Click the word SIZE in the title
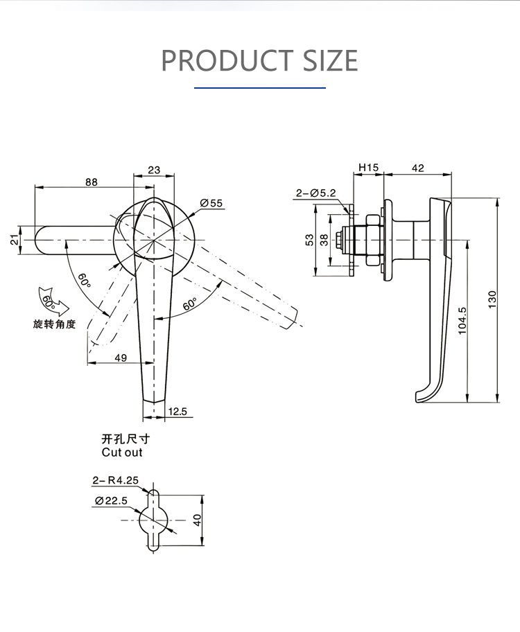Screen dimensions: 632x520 click(330, 61)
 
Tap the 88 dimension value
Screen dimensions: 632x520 click(91, 182)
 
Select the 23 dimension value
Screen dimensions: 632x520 click(154, 170)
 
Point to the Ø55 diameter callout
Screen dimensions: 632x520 click(211, 203)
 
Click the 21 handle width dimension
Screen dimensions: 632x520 click(13, 240)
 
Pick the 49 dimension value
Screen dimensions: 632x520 click(120, 357)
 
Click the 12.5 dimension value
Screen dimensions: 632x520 click(178, 412)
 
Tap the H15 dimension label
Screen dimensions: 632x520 click(367, 168)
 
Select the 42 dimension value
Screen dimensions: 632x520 click(417, 168)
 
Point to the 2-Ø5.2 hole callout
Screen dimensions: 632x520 click(315, 193)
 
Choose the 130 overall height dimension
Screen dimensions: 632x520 click(493, 299)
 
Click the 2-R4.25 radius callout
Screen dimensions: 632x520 click(115, 480)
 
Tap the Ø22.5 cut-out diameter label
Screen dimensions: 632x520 click(111, 501)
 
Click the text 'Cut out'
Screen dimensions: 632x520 click(121, 453)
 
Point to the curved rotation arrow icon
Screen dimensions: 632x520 click(51, 299)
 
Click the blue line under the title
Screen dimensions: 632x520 click(259, 88)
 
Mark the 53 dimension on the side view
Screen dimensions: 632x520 click(309, 239)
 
